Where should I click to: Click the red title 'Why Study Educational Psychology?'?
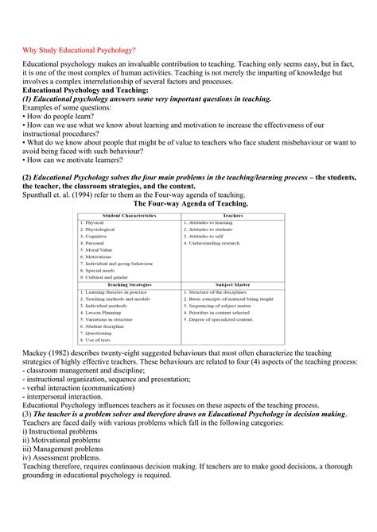pyautogui.click(x=79, y=50)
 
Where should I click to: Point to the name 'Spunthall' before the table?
pyautogui.click(x=41, y=193)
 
